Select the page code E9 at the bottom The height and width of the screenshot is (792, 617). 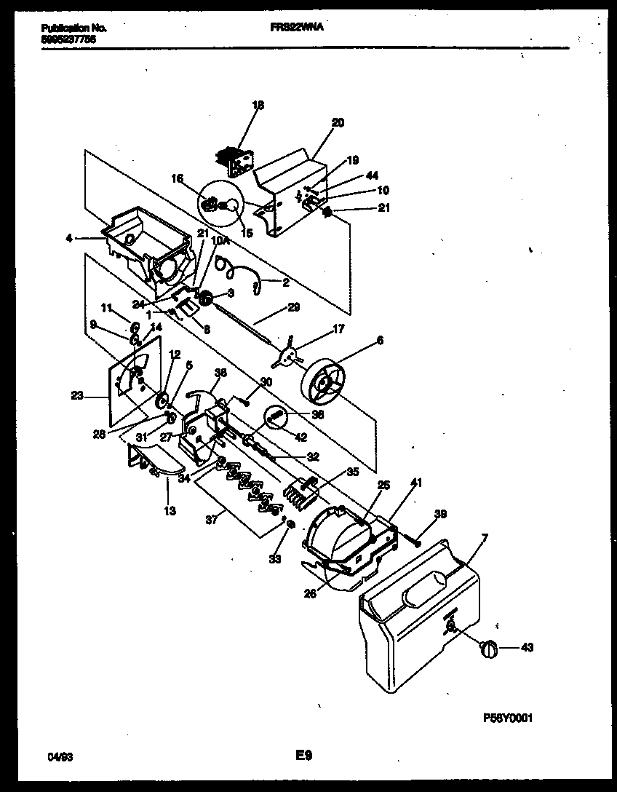(304, 757)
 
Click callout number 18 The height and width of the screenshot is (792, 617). (258, 106)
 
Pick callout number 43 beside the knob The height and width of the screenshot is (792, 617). (525, 647)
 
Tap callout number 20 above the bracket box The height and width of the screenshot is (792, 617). (338, 122)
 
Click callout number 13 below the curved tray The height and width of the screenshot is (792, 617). (169, 511)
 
